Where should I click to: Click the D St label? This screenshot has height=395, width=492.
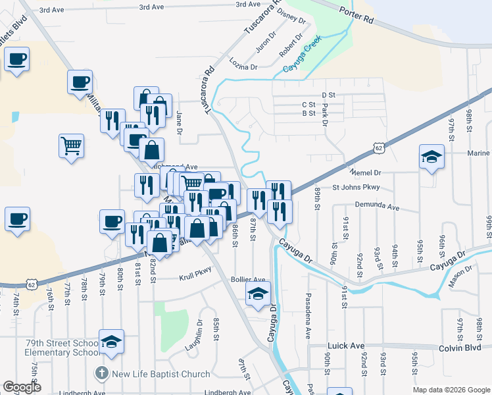click(328, 95)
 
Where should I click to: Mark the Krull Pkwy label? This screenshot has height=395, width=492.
click(196, 278)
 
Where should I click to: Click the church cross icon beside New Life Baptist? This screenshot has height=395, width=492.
click(101, 373)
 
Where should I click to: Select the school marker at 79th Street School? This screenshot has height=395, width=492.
click(112, 342)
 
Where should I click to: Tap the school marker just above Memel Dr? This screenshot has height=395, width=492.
click(431, 158)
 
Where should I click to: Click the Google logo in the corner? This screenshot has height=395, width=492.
click(22, 387)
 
